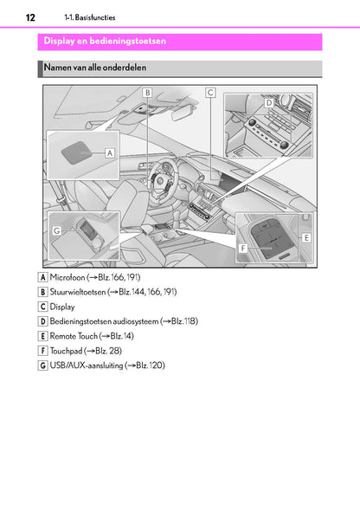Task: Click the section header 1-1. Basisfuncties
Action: pos(89,17)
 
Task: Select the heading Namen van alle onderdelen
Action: pos(98,67)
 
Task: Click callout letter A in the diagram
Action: pos(110,151)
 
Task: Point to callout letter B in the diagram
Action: pos(148,93)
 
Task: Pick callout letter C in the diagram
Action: pos(210,92)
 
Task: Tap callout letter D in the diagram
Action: pos(269,102)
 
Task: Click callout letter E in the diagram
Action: pos(306,236)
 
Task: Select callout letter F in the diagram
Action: pos(243,247)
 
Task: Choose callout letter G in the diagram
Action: pos(56,231)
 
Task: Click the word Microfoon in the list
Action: pos(67,277)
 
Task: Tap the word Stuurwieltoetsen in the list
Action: pos(78,292)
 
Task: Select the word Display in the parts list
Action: pos(62,307)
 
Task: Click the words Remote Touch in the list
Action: pos(74,336)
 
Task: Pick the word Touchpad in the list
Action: pos(67,351)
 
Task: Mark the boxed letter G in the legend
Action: pos(43,365)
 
